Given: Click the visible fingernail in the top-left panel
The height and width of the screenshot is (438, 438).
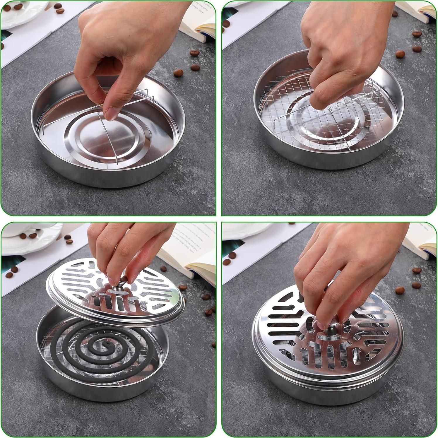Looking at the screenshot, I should [112, 113].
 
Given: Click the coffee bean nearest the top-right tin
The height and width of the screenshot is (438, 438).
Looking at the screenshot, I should [400, 54].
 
